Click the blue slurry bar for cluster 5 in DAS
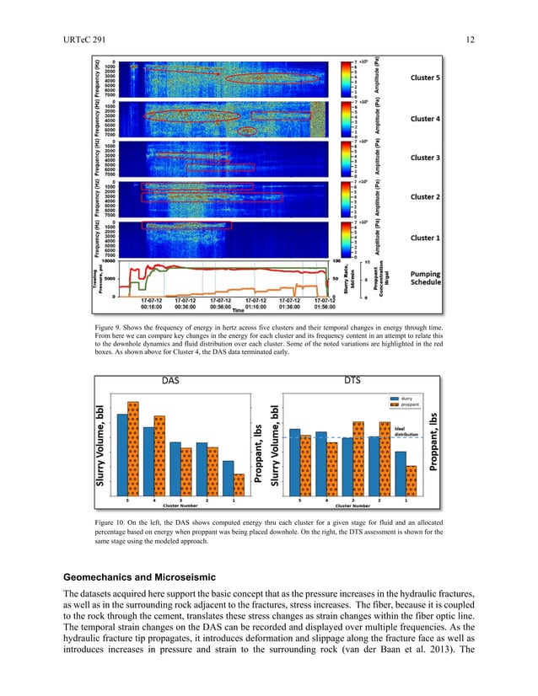click(122, 451)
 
